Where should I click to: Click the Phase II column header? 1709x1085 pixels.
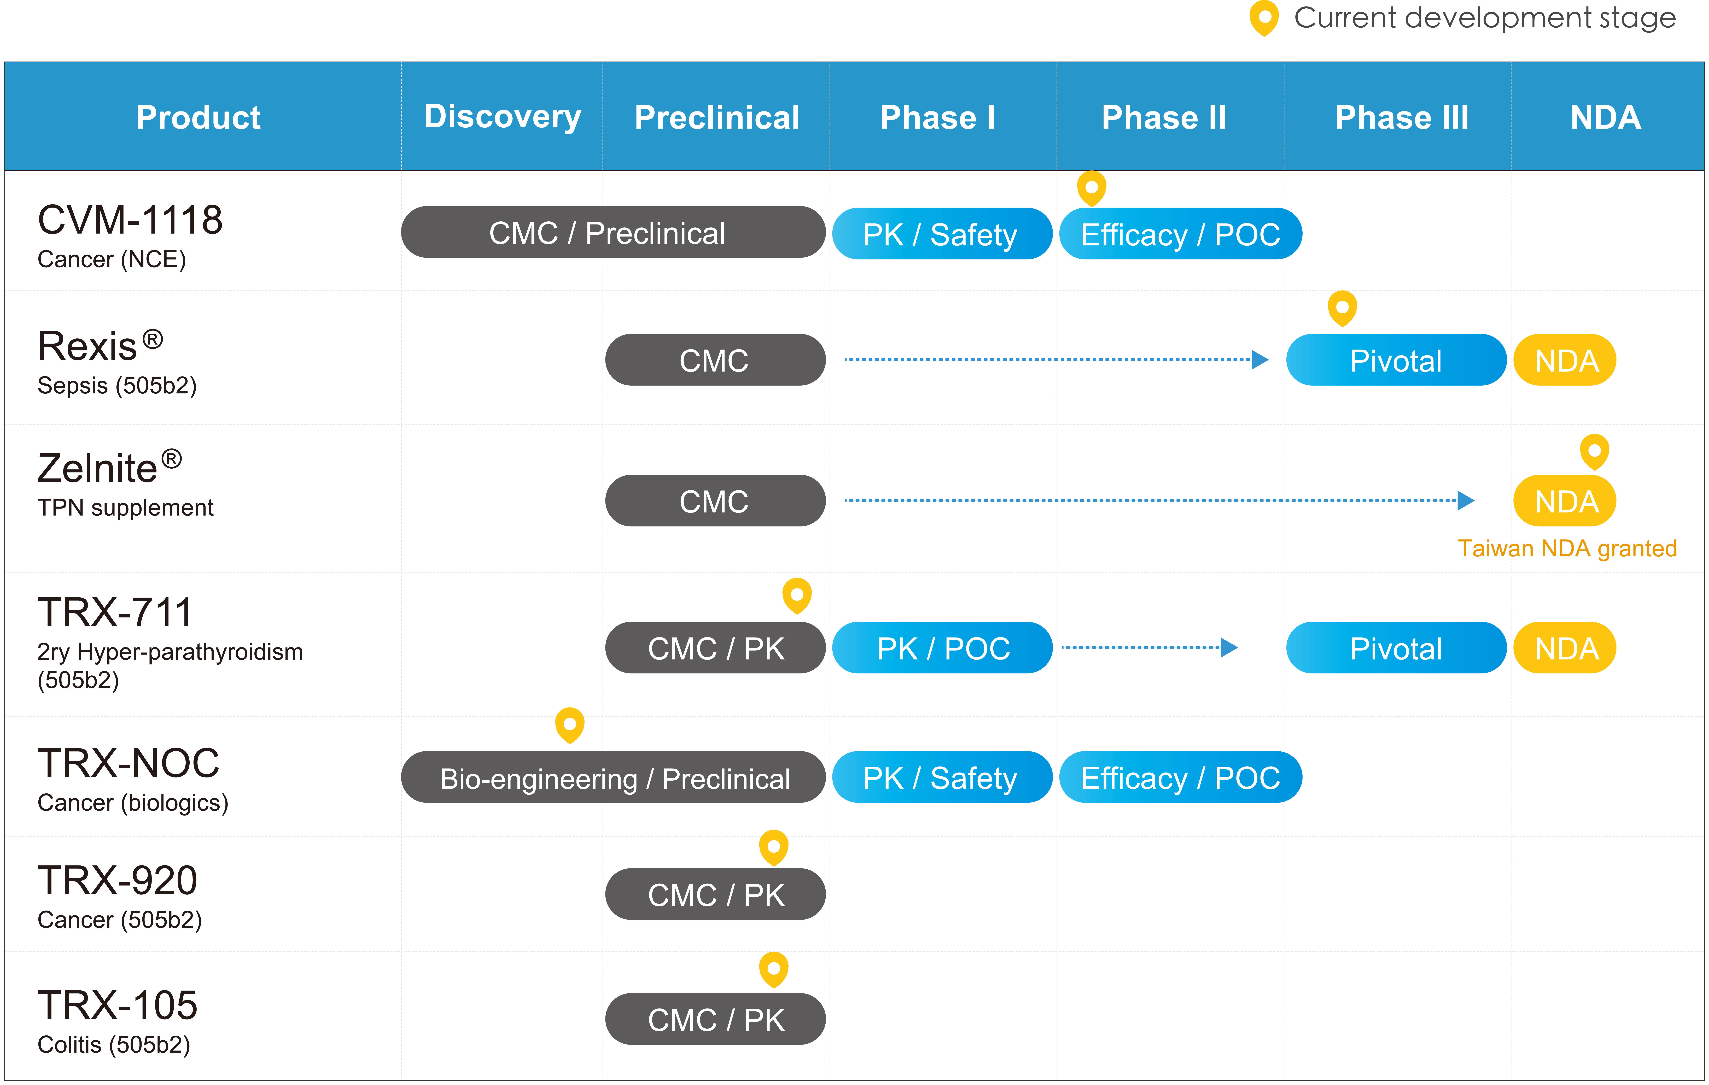pos(1164,117)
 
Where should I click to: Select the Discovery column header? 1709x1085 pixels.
pos(503,117)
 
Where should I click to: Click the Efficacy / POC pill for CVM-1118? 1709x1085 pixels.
pos(1180,233)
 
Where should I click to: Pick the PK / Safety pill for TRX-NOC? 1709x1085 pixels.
pos(942,777)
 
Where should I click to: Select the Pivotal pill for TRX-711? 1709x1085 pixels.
pos(1396,648)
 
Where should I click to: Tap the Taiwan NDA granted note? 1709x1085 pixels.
pos(1567,549)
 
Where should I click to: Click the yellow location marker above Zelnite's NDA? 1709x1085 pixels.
pos(1594,451)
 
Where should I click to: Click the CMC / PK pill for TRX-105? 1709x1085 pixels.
pos(715,1019)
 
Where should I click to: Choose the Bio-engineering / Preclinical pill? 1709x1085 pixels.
pos(613,777)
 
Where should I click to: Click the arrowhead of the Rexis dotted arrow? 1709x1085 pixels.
pos(1260,360)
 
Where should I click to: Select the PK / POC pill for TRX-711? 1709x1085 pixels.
pos(942,648)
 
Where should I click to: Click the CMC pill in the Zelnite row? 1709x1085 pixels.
pos(715,500)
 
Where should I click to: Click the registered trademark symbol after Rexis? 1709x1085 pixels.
pos(153,339)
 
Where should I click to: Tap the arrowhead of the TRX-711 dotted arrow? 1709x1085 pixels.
pos(1229,647)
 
